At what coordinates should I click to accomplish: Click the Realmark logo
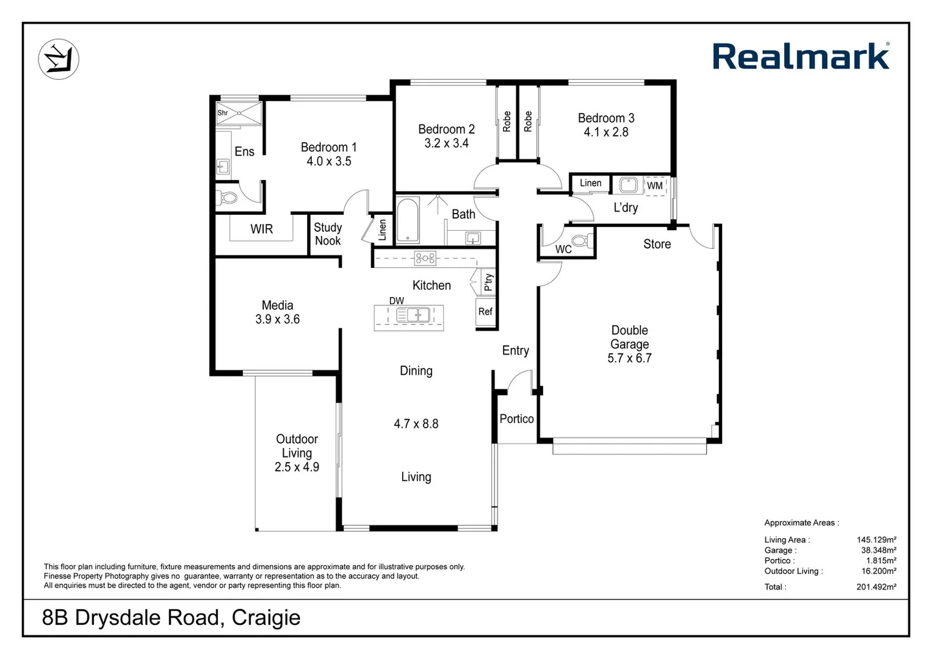click(800, 57)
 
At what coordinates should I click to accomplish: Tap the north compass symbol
click(59, 59)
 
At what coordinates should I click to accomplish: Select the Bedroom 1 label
click(328, 147)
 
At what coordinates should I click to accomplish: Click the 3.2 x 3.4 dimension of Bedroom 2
click(446, 143)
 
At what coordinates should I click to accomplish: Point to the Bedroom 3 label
click(605, 118)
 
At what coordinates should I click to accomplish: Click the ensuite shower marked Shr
click(239, 113)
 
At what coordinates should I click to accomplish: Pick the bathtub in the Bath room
click(407, 220)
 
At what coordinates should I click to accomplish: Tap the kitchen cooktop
click(425, 258)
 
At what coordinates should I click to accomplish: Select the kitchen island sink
click(413, 315)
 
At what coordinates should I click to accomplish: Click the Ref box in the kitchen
click(485, 312)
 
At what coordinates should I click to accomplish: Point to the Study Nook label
click(327, 234)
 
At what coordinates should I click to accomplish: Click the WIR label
click(261, 229)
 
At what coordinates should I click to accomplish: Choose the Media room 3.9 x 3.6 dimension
click(277, 319)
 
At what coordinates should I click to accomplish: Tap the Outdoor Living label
click(297, 446)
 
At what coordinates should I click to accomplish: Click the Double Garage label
click(629, 337)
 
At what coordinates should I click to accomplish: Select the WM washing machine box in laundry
click(655, 185)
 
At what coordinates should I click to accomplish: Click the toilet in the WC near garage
click(581, 240)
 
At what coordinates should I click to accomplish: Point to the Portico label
click(516, 419)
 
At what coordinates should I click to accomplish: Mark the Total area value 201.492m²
click(876, 587)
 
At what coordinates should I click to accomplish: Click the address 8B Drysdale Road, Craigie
click(171, 618)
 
